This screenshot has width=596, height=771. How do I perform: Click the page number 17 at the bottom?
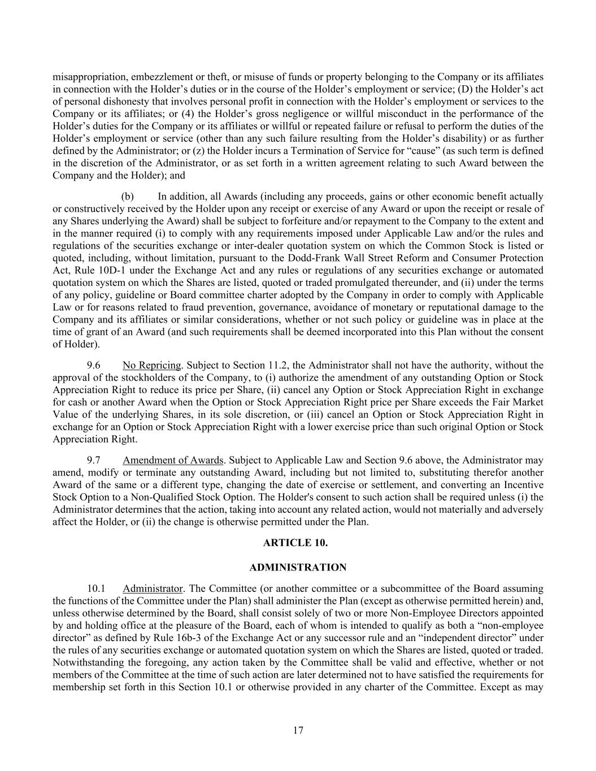(298, 730)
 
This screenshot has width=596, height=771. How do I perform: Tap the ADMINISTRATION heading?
(298, 567)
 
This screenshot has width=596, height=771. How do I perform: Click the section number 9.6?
(94, 365)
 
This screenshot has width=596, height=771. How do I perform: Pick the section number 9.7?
(94, 460)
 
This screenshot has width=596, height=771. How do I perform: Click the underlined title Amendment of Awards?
(173, 460)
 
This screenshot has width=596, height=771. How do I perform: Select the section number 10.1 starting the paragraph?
(96, 589)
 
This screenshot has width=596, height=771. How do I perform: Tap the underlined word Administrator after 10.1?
(153, 589)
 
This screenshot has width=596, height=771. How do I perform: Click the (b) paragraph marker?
(128, 197)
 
